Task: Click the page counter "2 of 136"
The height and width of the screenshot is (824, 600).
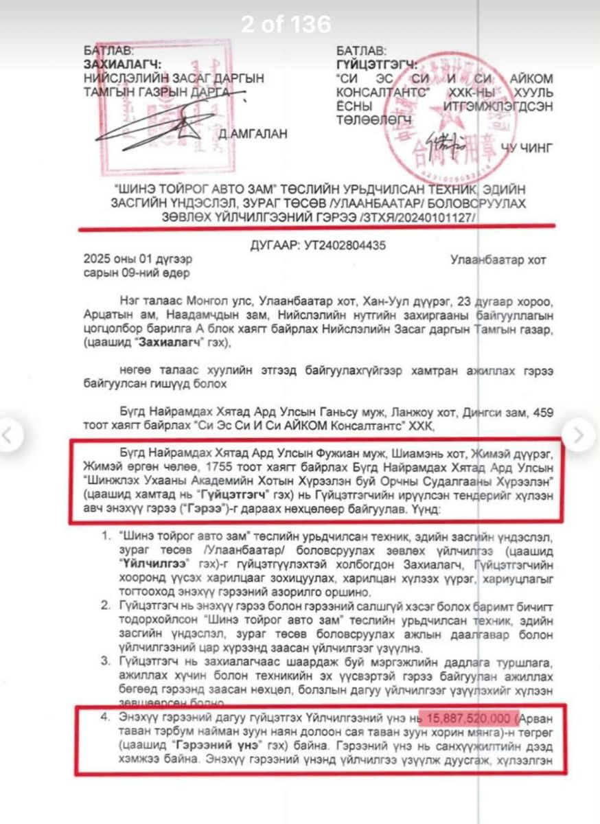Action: (286, 25)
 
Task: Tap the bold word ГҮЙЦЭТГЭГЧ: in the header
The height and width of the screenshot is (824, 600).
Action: (377, 64)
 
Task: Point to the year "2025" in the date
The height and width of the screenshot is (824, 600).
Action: (97, 260)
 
